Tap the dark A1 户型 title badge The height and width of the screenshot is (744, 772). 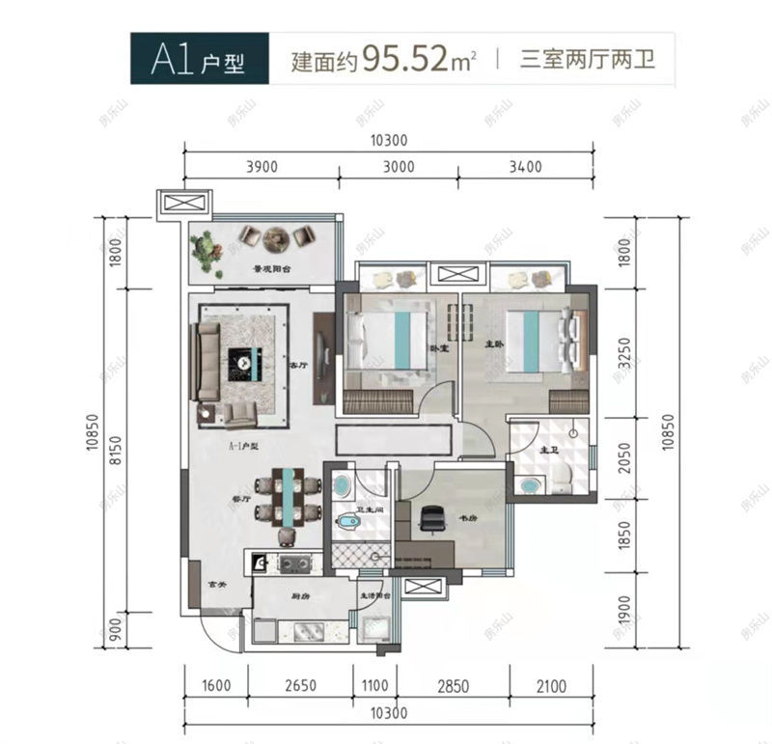click(197, 61)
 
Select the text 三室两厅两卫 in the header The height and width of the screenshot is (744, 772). click(588, 62)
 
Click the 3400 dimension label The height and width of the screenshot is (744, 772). click(524, 167)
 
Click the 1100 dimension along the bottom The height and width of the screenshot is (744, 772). click(374, 686)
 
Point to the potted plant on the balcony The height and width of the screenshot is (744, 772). click(207, 249)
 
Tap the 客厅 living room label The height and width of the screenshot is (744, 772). click(297, 366)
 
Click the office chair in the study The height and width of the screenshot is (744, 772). click(429, 521)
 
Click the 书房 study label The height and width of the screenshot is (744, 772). click(468, 518)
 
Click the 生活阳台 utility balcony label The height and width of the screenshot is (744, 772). click(375, 597)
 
